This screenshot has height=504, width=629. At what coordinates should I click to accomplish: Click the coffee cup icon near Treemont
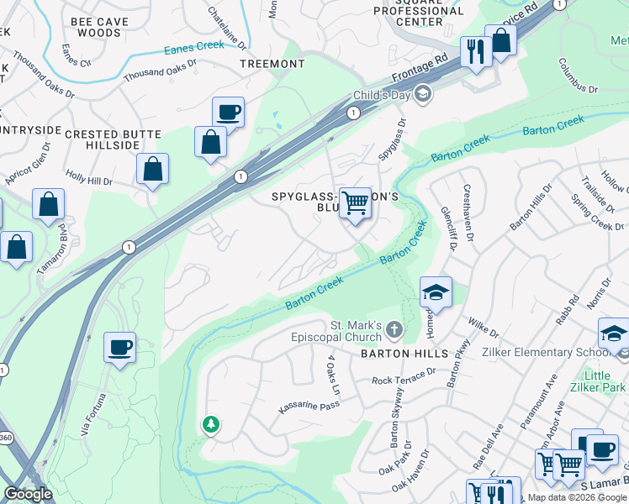[x=228, y=112]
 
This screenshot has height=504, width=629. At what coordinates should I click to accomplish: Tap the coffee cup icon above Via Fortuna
[x=119, y=346]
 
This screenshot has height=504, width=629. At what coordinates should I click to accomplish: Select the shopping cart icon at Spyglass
[x=356, y=202]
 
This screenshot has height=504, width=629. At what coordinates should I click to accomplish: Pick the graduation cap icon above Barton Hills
[x=436, y=292]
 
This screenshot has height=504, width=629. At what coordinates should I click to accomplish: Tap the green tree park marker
[x=209, y=425]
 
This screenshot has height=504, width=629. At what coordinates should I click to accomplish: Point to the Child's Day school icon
[x=422, y=92]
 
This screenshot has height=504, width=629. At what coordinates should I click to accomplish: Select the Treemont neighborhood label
[x=272, y=64]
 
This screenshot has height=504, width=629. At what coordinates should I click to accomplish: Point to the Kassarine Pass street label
[x=309, y=407]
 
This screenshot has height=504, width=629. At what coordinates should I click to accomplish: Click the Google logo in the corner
[x=29, y=494]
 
